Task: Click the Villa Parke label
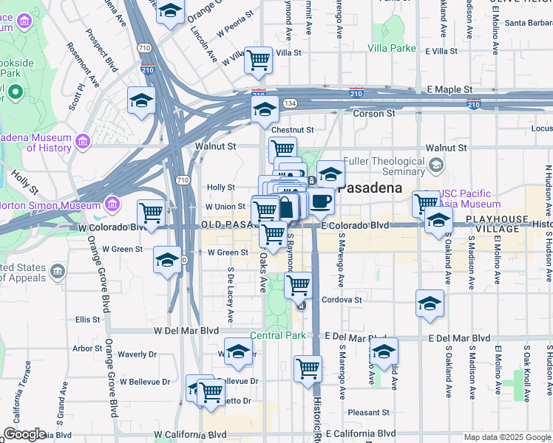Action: [392, 48]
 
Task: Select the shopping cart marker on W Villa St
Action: [259, 60]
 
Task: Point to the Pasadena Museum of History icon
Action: [81, 140]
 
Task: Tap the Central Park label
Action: [277, 336]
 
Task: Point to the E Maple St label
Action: [449, 89]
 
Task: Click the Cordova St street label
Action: [342, 301]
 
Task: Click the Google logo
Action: [24, 434]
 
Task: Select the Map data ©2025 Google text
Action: [506, 437]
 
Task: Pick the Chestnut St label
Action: [293, 130]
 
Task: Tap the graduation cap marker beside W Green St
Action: [167, 260]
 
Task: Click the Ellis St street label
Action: [87, 320]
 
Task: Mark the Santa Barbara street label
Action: [527, 22]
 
